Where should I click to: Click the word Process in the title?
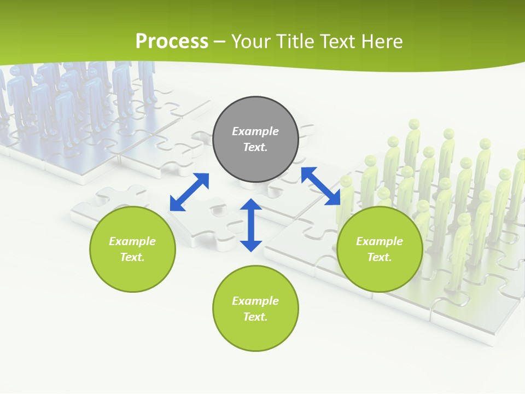(172, 42)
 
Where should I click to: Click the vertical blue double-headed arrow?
(251, 225)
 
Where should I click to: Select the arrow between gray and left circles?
(189, 192)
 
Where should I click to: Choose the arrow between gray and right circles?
(320, 186)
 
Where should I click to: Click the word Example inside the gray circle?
(255, 131)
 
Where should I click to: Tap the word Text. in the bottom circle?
(255, 317)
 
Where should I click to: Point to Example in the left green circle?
(132, 241)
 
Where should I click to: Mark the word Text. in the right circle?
(380, 257)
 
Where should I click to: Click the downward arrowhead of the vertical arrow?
(251, 245)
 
